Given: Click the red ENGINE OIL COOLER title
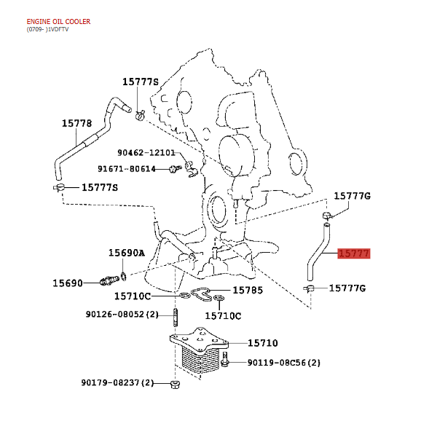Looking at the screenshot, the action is (x=58, y=21).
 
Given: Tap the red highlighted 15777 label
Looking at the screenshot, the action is (x=354, y=253).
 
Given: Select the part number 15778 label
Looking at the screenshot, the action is (x=76, y=123).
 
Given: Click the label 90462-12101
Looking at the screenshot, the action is (x=146, y=153).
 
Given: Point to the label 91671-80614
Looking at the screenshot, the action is (x=127, y=169).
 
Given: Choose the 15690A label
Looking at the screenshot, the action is (x=127, y=253).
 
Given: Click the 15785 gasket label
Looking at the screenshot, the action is (x=248, y=290).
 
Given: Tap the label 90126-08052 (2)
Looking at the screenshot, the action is (x=122, y=315).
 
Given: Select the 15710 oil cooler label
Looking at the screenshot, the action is (x=263, y=343).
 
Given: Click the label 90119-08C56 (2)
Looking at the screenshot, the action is (x=284, y=363).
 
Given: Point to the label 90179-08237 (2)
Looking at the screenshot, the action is (x=117, y=382).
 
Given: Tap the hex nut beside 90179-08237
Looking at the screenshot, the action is (x=175, y=385).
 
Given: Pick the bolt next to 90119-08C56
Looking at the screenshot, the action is (x=225, y=359).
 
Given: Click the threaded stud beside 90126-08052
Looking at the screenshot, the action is (x=176, y=317).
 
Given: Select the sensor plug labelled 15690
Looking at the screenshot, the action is (x=109, y=280).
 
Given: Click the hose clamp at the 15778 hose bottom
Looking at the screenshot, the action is (x=59, y=188).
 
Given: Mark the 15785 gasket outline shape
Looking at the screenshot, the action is (x=200, y=295).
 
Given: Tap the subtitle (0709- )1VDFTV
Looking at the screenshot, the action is (x=47, y=29).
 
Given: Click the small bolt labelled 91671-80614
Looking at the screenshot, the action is (x=175, y=169).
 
